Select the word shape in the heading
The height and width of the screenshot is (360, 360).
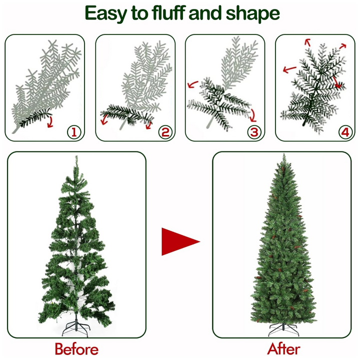[x=253, y=14]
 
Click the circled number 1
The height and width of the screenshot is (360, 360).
[x=74, y=132]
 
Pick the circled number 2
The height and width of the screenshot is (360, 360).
[x=165, y=132]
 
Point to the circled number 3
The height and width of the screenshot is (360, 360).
[x=254, y=132]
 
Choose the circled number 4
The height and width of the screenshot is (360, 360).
[x=345, y=132]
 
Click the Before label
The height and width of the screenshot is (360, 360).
[x=76, y=349]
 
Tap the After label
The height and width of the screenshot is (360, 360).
[x=284, y=349]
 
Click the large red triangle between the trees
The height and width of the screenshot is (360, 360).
[x=177, y=241]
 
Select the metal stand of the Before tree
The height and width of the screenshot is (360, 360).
[x=76, y=328]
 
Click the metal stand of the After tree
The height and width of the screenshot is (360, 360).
[x=283, y=329]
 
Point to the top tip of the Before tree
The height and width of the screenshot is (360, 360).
[x=76, y=156]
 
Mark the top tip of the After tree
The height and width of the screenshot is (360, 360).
[x=284, y=154]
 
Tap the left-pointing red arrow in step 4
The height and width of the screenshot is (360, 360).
[x=289, y=69]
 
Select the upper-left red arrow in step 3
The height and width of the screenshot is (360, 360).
[x=192, y=84]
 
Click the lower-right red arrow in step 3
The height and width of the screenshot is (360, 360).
[x=253, y=115]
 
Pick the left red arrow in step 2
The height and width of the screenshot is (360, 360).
[x=104, y=119]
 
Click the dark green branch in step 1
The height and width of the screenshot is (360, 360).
[x=35, y=118]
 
